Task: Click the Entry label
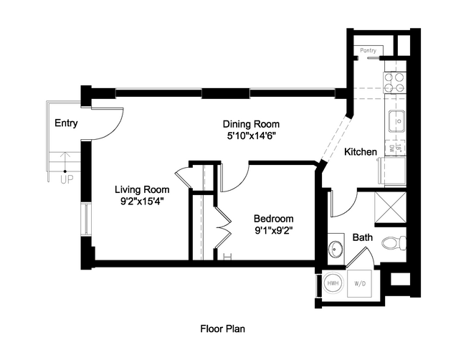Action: point(66,123)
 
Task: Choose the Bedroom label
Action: point(274,219)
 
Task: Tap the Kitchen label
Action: point(361,152)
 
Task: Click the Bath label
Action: point(361,238)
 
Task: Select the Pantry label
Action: point(369,51)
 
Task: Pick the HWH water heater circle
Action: point(333,284)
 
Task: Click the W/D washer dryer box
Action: point(359,284)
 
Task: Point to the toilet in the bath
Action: point(391,242)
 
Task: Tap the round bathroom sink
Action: point(336,249)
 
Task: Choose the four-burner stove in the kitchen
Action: point(394,82)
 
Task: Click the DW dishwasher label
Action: point(391,149)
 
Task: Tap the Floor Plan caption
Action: point(223,329)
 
